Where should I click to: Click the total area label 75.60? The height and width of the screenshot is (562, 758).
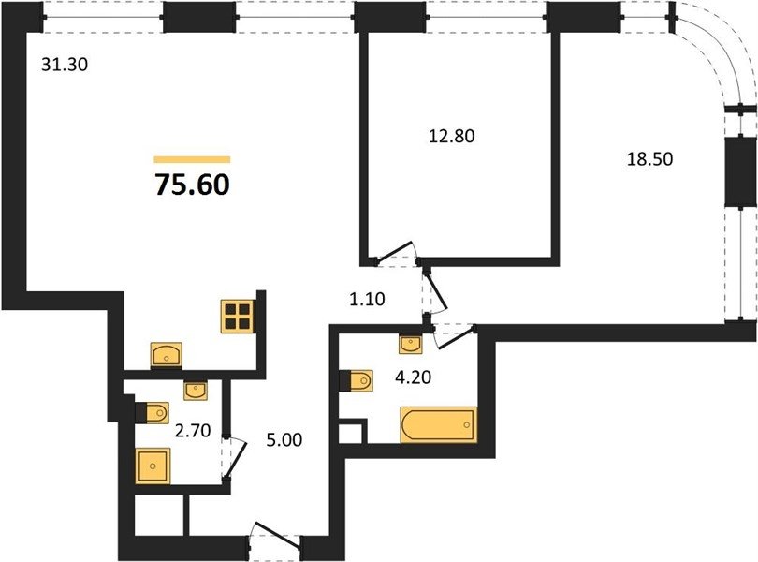(193, 185)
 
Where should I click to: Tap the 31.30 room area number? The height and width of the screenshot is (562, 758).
(65, 65)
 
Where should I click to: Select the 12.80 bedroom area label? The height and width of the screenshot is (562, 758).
(451, 136)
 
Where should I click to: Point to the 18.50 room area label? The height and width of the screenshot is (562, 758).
(649, 159)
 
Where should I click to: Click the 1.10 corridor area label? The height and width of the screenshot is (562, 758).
(368, 299)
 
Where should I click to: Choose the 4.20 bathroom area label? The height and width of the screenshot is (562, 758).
(414, 377)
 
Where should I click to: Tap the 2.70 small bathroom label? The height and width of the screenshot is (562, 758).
(193, 430)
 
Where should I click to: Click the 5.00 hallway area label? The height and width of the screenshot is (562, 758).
(284, 440)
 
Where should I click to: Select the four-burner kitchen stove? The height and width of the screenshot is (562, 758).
(238, 316)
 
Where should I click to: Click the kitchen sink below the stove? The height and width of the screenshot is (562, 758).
(167, 355)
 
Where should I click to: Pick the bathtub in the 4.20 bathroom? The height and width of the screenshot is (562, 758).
(439, 424)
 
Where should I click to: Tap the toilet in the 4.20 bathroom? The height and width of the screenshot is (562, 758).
(357, 380)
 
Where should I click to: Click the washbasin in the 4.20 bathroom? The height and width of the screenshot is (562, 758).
(410, 344)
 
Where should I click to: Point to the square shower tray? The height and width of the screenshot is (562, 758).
(153, 466)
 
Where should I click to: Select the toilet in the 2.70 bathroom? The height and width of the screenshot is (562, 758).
(153, 413)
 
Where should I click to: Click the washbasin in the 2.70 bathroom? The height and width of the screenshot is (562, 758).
(196, 391)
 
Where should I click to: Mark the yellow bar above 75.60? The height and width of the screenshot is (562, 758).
(193, 160)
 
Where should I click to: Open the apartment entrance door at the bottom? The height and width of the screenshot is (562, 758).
(275, 537)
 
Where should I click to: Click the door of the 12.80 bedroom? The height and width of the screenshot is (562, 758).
(394, 254)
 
